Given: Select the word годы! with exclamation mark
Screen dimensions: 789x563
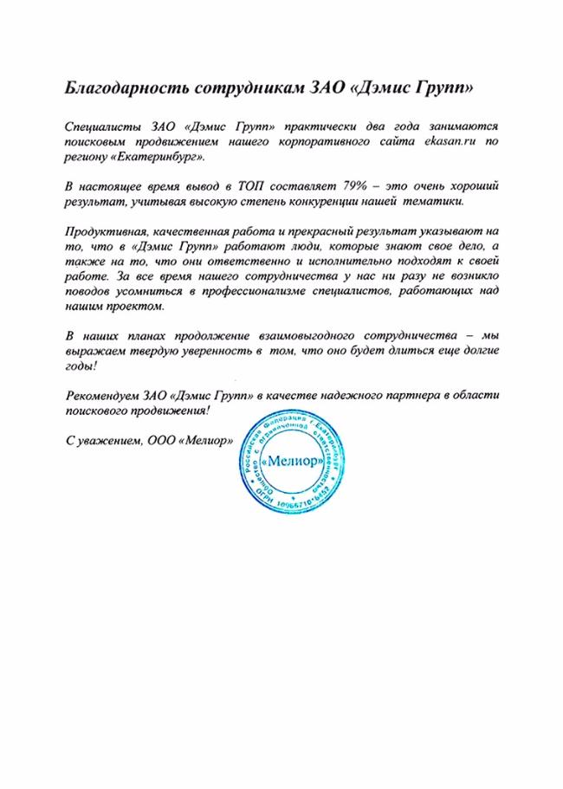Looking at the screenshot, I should click(81, 366).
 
